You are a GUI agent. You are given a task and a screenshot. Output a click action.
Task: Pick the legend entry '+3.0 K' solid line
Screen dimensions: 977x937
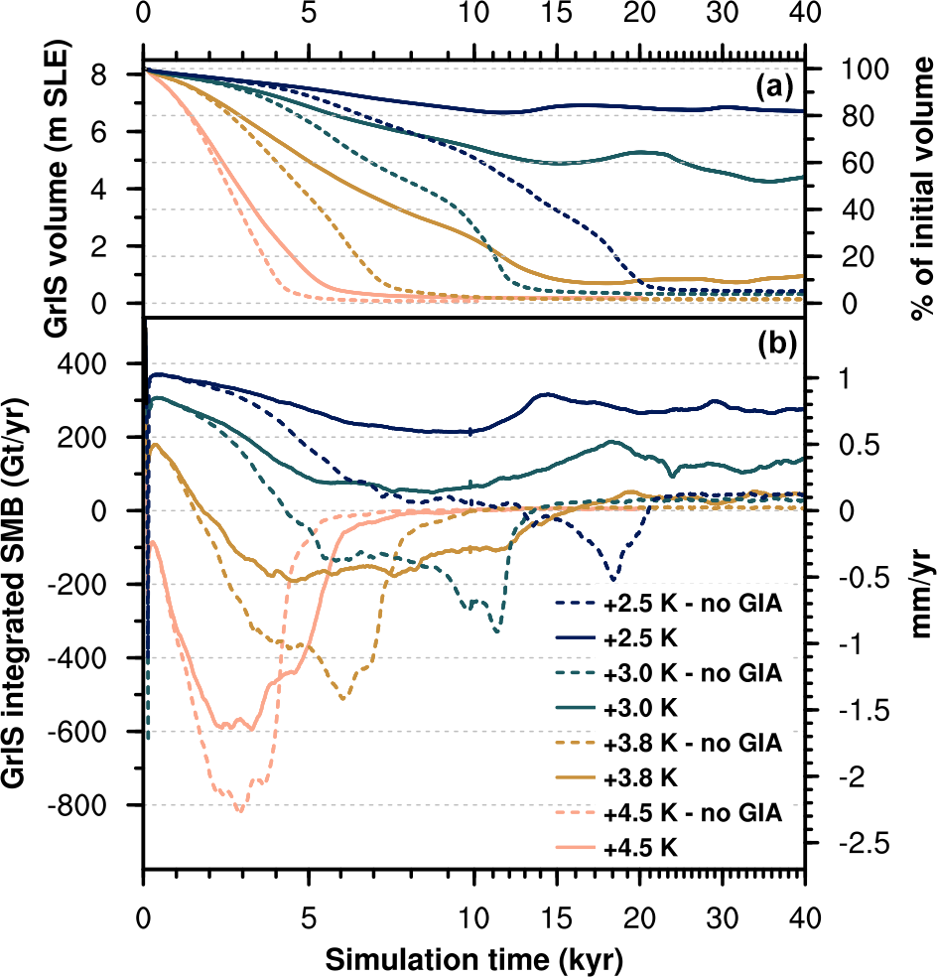pyautogui.click(x=640, y=708)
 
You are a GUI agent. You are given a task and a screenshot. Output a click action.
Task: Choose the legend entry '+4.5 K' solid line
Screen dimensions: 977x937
pyautogui.click(x=640, y=845)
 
